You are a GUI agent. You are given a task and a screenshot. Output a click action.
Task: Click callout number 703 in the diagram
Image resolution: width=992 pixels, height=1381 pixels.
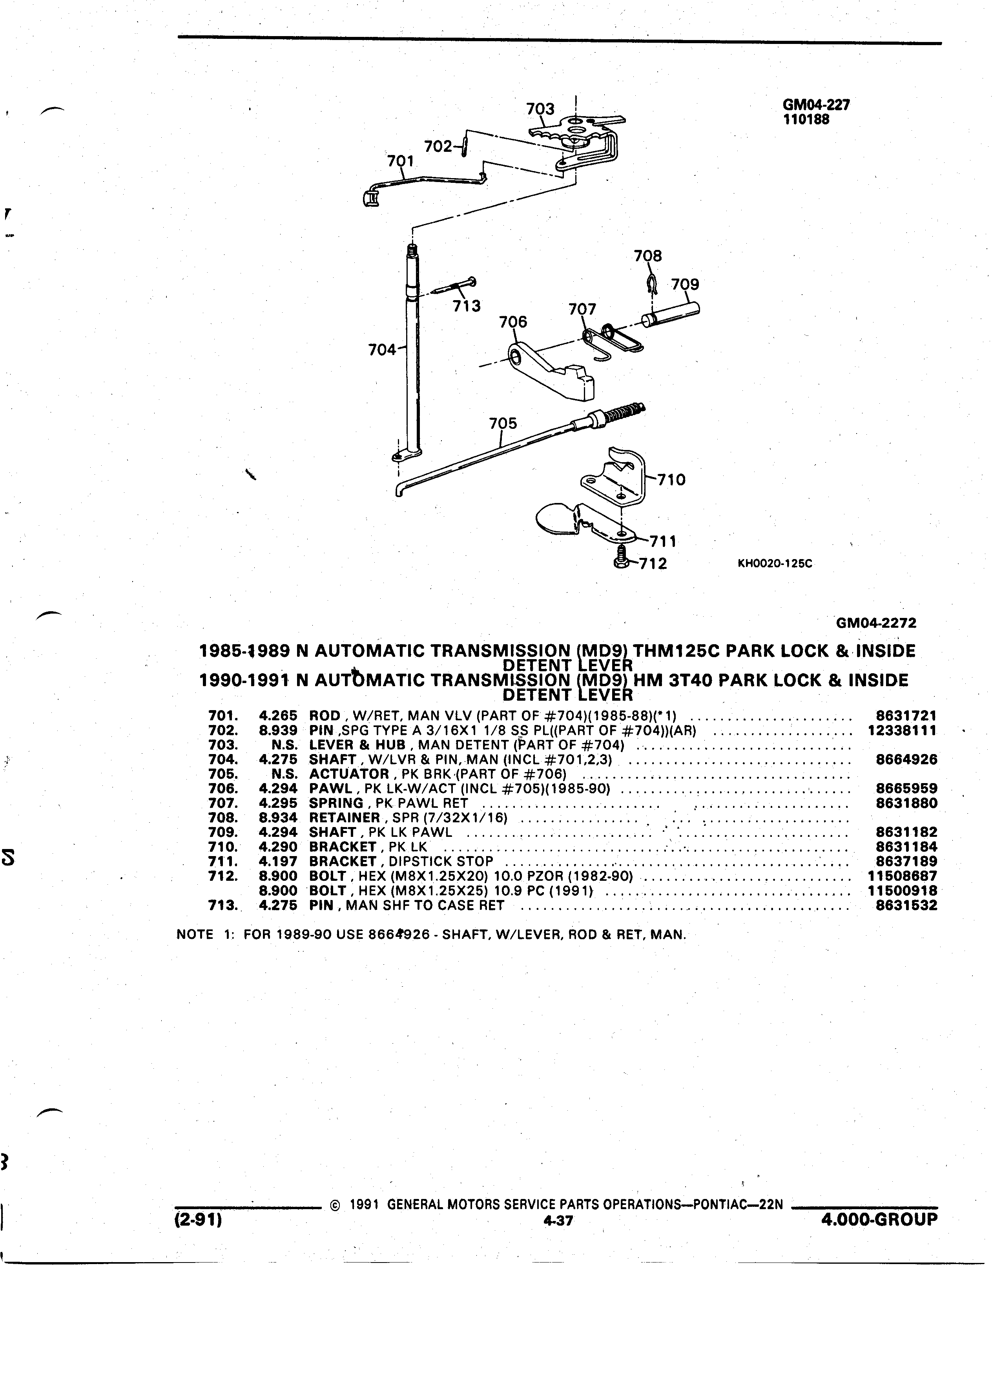(540, 109)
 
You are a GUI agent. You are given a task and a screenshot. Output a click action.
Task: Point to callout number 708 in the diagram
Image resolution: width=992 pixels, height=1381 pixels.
(648, 256)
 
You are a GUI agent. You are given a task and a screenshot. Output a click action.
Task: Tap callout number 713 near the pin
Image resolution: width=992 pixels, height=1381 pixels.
(467, 306)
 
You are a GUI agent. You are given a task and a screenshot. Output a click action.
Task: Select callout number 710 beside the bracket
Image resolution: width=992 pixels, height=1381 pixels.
(672, 480)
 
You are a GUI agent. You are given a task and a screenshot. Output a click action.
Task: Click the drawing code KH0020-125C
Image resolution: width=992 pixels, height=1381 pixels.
(775, 563)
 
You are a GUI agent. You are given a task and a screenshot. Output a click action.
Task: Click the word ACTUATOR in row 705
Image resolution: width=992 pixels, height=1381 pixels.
(349, 774)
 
